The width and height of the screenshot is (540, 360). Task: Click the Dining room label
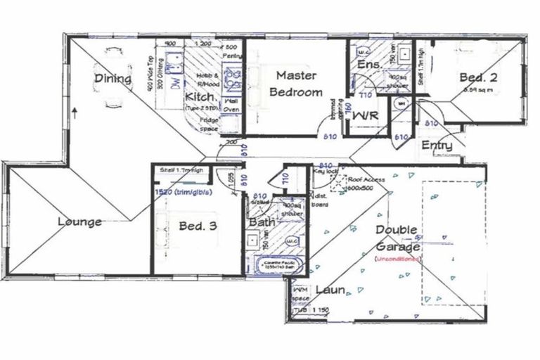coord(114,79)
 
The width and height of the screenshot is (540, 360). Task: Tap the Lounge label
coord(79,222)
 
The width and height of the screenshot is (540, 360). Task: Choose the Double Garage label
coord(397,238)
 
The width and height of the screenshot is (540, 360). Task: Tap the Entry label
coord(437,146)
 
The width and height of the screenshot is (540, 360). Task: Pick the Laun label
coord(329,290)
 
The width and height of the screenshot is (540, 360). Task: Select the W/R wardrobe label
coord(366,114)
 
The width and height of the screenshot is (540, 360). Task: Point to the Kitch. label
coord(200,97)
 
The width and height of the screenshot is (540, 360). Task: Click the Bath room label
coord(261,223)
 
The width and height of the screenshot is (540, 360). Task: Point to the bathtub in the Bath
coord(274,266)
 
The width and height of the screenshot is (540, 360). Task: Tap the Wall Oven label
coord(231,105)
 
